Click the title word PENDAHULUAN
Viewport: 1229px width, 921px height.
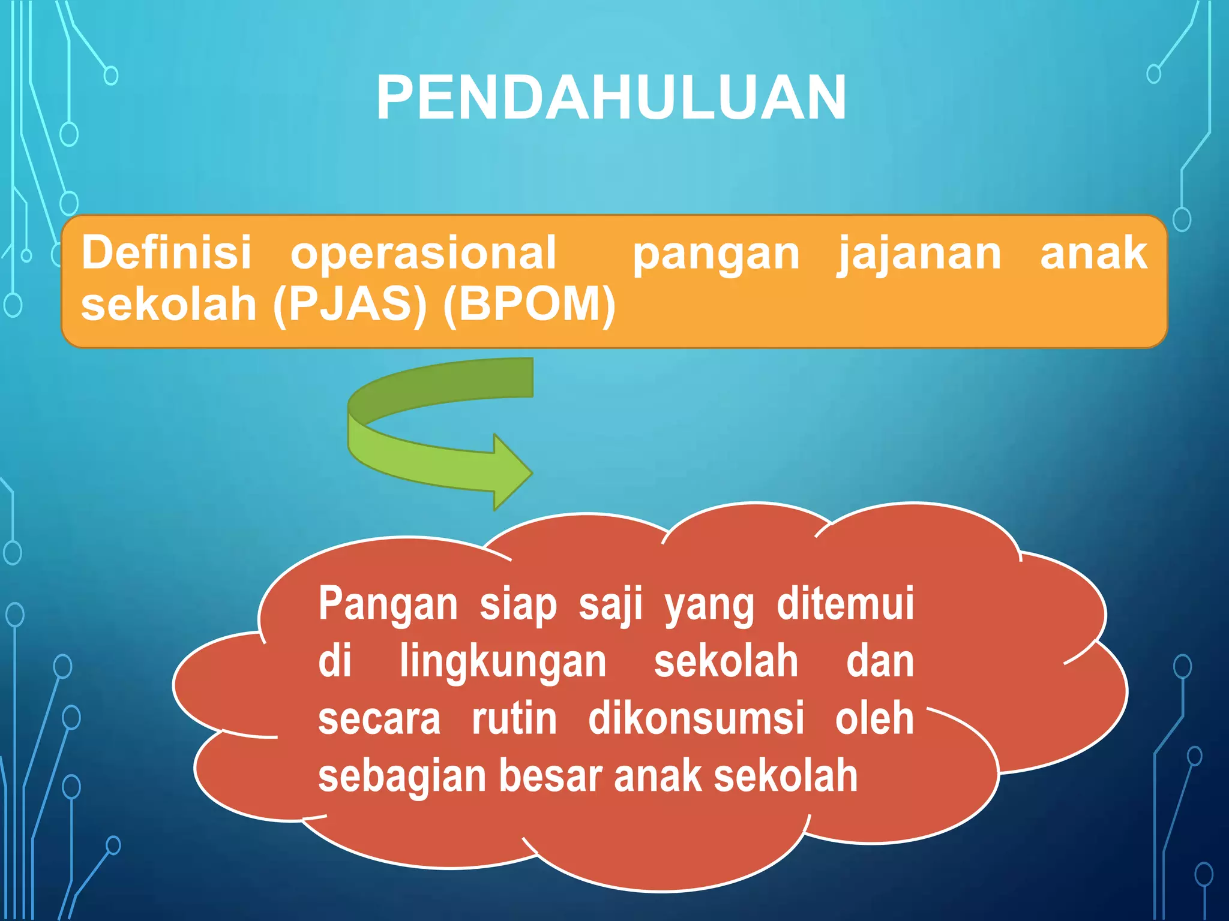[x=611, y=98]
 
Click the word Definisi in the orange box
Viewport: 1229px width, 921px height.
[x=166, y=252]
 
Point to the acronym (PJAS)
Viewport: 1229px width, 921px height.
[x=350, y=305]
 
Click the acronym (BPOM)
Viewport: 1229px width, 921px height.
[x=529, y=305]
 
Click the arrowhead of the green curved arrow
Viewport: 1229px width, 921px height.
[x=511, y=472]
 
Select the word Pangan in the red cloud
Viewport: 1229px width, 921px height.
[x=388, y=604]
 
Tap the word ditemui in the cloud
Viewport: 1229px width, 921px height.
[x=845, y=603]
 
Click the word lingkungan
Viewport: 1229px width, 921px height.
[x=503, y=662]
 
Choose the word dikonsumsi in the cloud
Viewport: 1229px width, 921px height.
[x=696, y=718]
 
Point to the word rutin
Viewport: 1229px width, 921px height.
[x=514, y=718]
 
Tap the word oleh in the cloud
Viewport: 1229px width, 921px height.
[x=874, y=718]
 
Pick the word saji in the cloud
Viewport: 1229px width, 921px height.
[x=610, y=604]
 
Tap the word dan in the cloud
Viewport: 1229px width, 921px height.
[x=880, y=662]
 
